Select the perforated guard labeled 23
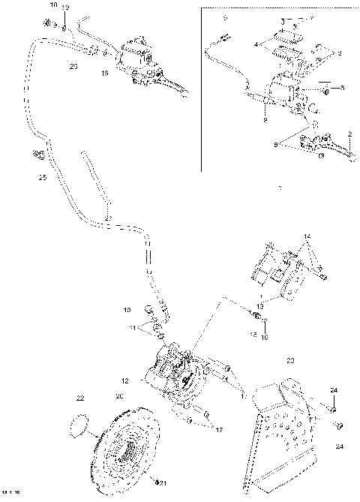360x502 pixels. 286,428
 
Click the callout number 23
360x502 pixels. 290,361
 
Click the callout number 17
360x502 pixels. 219,430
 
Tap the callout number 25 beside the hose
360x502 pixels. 42,178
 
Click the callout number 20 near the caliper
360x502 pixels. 119,396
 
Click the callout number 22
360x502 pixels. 80,398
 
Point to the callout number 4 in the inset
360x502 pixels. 256,45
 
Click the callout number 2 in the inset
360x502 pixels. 349,134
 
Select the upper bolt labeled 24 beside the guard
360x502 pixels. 331,410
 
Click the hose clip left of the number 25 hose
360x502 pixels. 37,156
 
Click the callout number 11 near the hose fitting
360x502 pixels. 133,328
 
